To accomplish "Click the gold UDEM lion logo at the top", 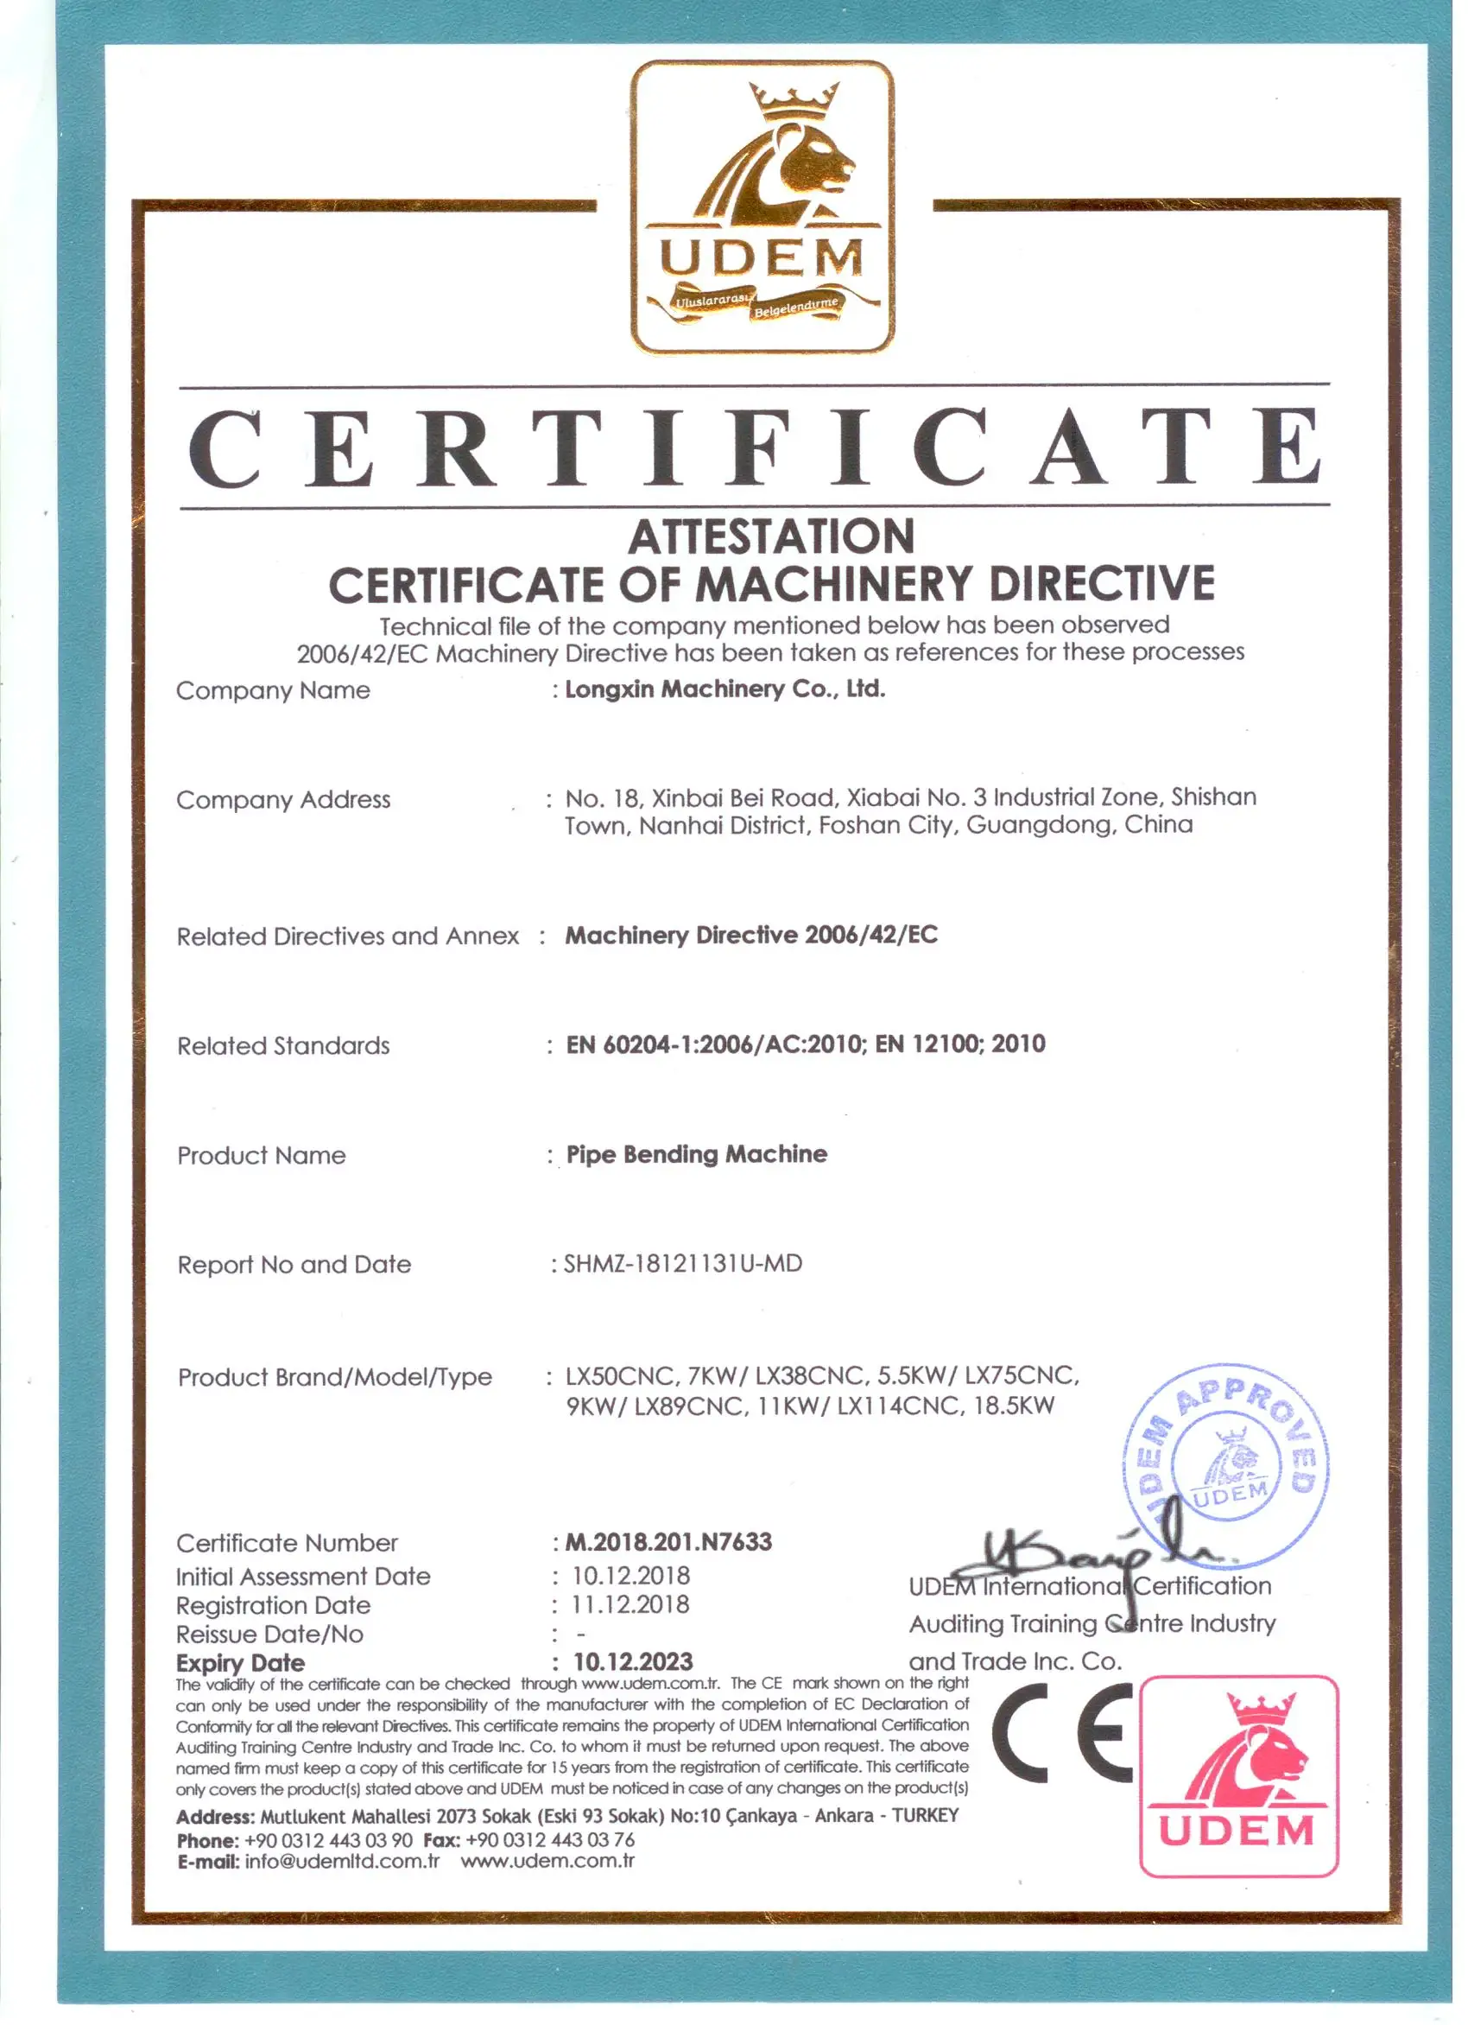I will pos(762,207).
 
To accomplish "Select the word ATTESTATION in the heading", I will pos(771,536).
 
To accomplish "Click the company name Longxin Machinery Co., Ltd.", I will pos(725,689).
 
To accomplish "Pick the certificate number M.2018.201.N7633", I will pos(668,1542).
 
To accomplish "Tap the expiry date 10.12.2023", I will pos(633,1661).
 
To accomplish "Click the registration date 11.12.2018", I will pos(630,1604).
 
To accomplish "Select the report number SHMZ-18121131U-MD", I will pos(683,1263).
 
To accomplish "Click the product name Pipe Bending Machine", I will pos(697,1154).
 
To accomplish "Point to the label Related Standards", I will pos(283,1045).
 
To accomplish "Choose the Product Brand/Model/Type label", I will pos(335,1377).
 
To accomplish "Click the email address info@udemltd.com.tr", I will pos(342,1861).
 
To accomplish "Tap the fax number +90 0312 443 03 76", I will pos(550,1839).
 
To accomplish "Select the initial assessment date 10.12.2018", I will pos(630,1576).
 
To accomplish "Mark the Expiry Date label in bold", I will pos(240,1662).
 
